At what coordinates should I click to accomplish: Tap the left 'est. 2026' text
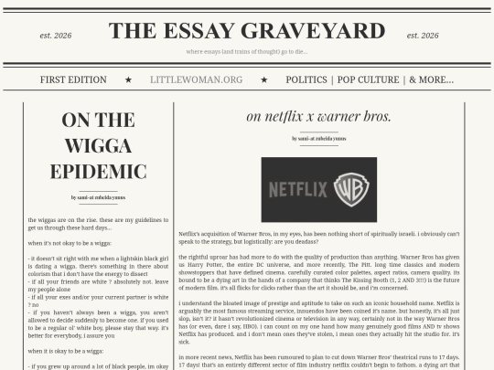point(56,36)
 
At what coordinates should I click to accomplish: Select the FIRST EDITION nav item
point(74,79)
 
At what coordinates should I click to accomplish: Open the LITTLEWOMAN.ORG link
point(196,79)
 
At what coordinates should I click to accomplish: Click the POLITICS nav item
point(306,79)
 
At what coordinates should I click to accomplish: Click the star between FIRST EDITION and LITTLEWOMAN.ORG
point(129,79)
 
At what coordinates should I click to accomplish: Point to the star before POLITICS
point(265,79)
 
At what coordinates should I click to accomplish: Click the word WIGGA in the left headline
point(98,146)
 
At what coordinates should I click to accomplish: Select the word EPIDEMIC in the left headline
point(98,171)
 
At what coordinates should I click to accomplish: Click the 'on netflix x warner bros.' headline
point(318,116)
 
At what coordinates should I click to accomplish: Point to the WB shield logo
point(349,189)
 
